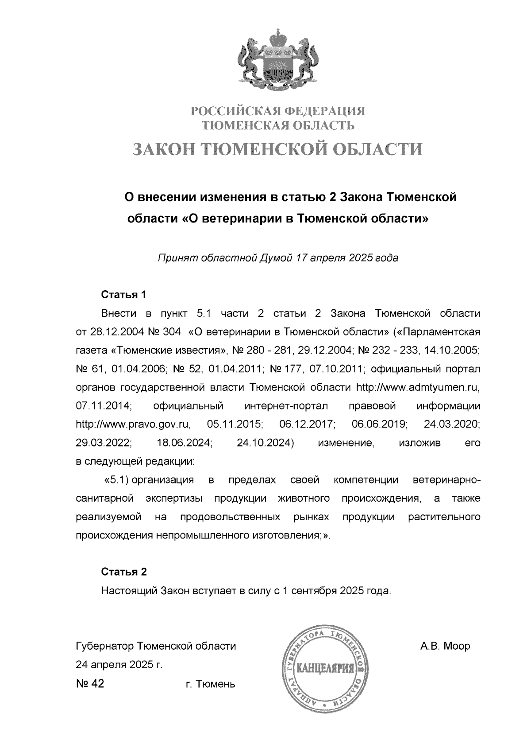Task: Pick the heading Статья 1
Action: (x=123, y=295)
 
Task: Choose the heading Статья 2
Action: (x=123, y=572)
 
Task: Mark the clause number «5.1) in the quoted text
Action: (x=116, y=480)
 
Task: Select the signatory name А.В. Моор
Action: (x=445, y=647)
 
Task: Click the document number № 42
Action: (x=90, y=684)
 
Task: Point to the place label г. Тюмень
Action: (x=211, y=684)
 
